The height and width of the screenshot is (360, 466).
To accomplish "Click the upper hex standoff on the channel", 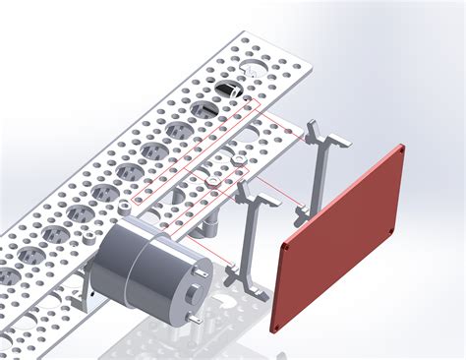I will (x=239, y=157).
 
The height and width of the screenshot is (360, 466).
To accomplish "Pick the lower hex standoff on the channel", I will (x=210, y=181).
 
